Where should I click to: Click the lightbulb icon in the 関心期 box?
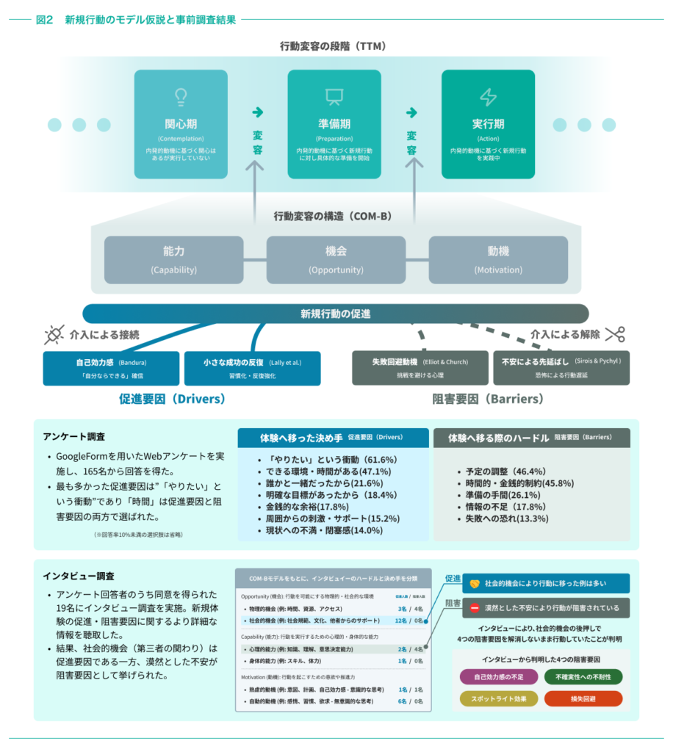[181, 97]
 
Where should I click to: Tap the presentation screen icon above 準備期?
[334, 97]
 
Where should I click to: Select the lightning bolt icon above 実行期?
[488, 97]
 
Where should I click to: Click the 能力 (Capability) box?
[174, 260]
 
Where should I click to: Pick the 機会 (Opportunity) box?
[336, 260]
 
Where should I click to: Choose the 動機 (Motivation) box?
[498, 260]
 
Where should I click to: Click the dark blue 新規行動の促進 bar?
[336, 314]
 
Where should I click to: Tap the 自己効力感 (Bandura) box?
[111, 368]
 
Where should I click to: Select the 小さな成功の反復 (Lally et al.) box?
[252, 368]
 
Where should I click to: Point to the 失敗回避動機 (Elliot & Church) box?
[420, 368]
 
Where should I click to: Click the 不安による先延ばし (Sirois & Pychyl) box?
[561, 368]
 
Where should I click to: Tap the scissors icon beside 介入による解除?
[615, 334]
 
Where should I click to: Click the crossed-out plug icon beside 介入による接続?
[54, 335]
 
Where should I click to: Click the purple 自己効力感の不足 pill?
[498, 676]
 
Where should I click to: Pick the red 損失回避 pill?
[583, 698]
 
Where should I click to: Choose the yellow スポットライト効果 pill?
[498, 698]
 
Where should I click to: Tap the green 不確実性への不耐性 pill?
[583, 676]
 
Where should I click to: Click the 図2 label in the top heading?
[45, 20]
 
